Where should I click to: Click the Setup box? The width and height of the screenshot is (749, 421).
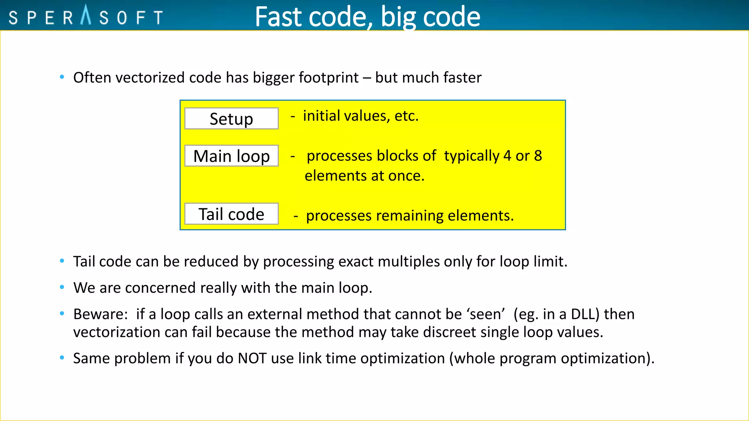click(x=231, y=118)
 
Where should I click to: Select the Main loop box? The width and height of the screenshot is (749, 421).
click(x=231, y=156)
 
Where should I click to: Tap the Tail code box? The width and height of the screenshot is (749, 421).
click(x=231, y=214)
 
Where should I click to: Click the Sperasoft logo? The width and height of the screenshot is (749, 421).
click(x=86, y=16)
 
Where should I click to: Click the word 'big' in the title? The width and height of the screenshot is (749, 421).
click(x=398, y=17)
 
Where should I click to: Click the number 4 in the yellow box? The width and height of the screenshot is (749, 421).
click(x=507, y=156)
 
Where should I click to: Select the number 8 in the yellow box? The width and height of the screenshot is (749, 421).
click(x=538, y=156)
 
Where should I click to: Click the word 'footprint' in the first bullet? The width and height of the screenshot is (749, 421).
click(x=328, y=78)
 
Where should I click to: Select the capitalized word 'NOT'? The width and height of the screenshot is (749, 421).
click(x=252, y=359)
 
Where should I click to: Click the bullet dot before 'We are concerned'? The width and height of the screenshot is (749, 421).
click(x=62, y=287)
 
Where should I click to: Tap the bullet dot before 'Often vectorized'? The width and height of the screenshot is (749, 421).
click(x=62, y=77)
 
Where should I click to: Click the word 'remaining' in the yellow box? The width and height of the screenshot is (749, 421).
click(x=410, y=216)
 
